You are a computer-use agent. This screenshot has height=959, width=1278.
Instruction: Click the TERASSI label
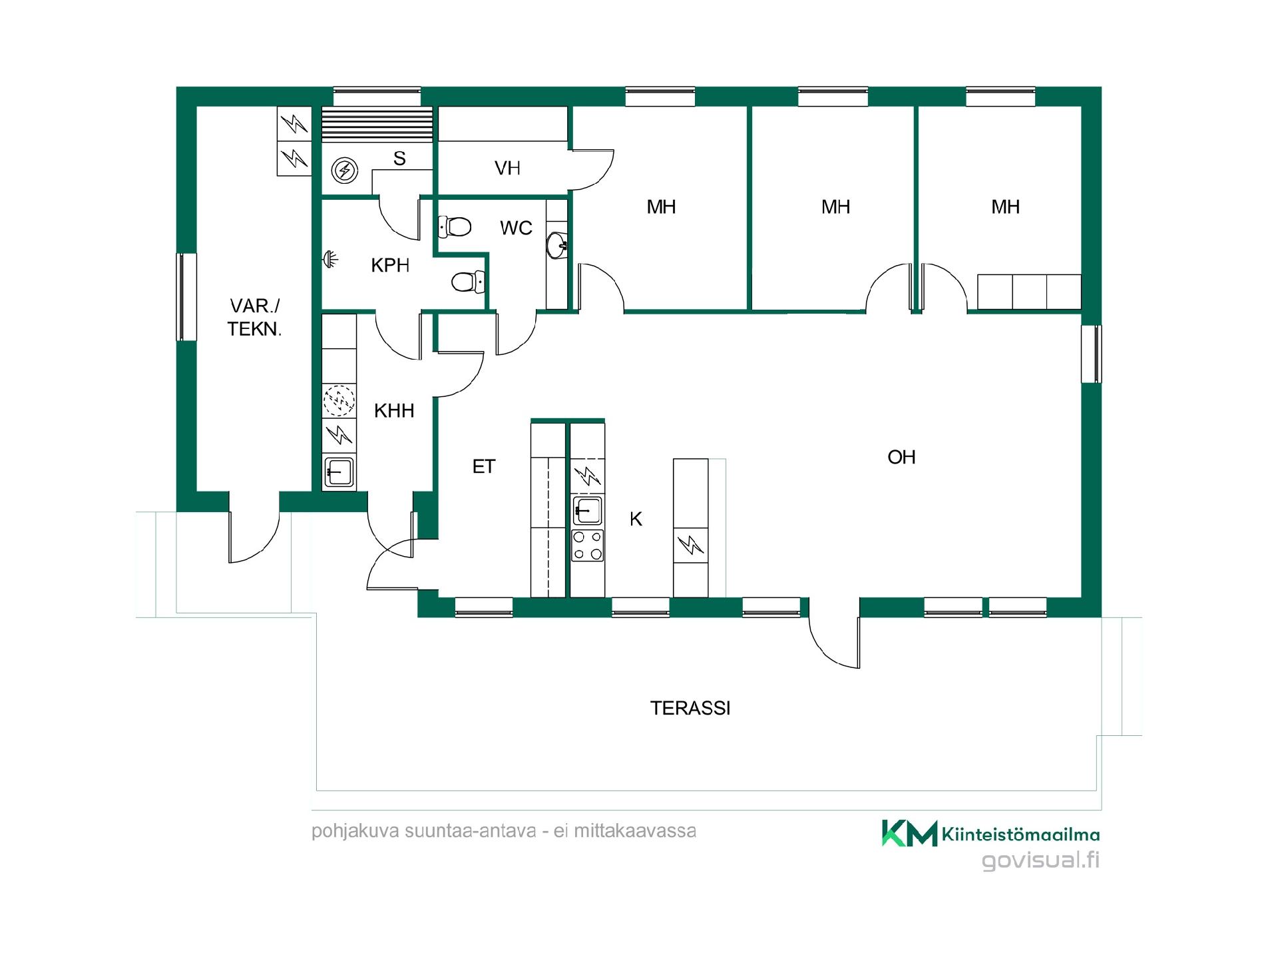pos(690,708)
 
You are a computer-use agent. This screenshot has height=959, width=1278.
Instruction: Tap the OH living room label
pos(901,457)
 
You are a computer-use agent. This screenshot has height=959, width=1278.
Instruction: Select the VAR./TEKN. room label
pos(255,317)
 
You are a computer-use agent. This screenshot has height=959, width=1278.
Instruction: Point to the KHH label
pos(394,410)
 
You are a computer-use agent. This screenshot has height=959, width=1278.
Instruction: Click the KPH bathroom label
pos(390,265)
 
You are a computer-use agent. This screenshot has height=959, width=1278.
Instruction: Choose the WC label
pos(517,228)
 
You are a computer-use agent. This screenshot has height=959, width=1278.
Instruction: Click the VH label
pos(507,168)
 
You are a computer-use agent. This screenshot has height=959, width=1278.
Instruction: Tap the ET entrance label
pos(484,467)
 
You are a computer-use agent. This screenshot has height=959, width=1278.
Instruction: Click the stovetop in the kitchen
pos(588,545)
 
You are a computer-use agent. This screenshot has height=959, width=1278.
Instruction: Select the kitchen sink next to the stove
pos(588,511)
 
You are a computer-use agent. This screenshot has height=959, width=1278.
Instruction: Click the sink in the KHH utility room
pos(339,472)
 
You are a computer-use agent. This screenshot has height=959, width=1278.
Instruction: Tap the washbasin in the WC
pos(556,246)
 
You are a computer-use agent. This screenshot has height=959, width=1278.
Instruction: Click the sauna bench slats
pos(377,124)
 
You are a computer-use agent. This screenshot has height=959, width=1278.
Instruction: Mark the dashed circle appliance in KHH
pos(339,401)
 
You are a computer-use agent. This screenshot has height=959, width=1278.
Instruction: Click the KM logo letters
pos(910,833)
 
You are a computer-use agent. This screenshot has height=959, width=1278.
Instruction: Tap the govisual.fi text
pos(1041,860)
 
